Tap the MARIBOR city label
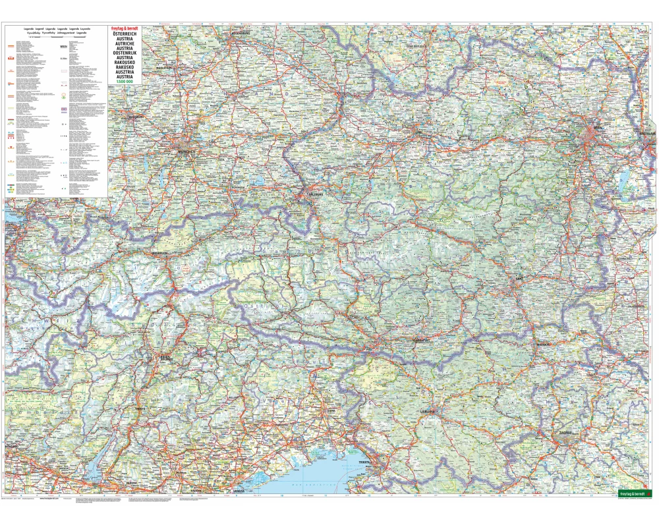coord(542,343)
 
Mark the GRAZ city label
coord(520,279)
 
